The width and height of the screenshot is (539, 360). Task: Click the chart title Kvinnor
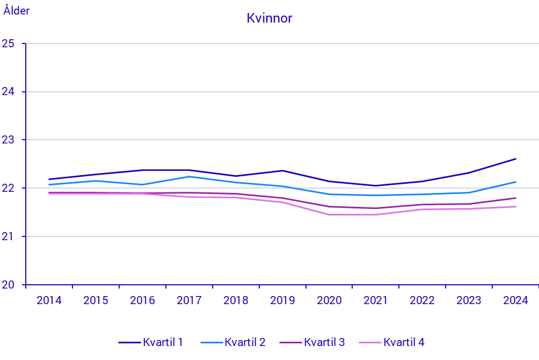pos(269,18)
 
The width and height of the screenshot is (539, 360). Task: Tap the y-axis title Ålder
pos(17,10)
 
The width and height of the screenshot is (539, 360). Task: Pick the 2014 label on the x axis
pos(49,300)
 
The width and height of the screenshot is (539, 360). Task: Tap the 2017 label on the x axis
pos(189,300)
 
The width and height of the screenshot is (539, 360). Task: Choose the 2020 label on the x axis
pos(329,300)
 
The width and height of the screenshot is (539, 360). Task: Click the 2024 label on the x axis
pos(516,300)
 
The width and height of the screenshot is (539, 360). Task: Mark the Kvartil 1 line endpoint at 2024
pos(516,159)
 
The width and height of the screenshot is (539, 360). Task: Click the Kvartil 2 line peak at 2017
pos(189,176)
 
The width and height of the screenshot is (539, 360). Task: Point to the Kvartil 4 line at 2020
pos(329,214)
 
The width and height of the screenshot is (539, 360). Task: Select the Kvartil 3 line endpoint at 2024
pos(516,198)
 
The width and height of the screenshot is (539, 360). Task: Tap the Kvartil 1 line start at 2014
pos(49,179)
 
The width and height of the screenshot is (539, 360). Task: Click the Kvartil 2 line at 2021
pos(376,195)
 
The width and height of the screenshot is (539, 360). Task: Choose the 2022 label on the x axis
pos(423,300)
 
